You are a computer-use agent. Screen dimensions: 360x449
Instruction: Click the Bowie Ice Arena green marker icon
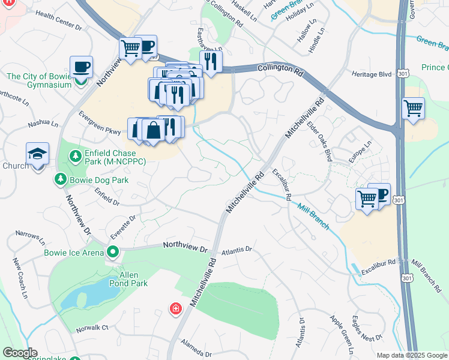[112, 251]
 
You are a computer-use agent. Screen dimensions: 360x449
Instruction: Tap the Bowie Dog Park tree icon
[61, 179]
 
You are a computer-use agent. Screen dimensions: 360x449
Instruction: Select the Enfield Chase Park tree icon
[76, 157]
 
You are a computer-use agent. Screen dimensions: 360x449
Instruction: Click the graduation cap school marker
[37, 155]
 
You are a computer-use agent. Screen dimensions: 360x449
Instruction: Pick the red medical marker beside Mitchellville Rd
[175, 308]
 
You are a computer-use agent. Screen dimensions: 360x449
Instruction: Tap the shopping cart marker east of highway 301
[413, 109]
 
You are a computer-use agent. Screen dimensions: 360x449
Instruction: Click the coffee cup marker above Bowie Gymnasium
[81, 67]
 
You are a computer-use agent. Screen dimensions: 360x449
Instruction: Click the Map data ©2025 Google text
[411, 355]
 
